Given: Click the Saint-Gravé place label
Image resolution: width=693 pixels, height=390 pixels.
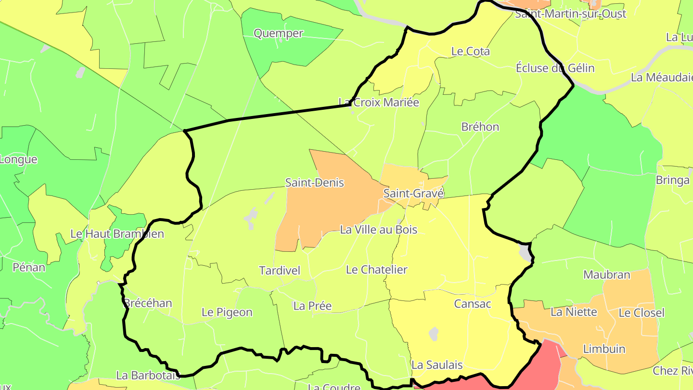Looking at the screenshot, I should pos(413,194).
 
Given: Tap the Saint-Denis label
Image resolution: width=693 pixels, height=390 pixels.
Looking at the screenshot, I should pos(315,183).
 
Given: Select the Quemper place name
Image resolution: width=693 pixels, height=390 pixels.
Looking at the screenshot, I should pos(278,33).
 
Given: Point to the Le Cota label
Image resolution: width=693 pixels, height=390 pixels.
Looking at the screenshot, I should pos(470,51).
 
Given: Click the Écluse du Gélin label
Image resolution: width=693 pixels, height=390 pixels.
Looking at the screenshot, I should pos(555,68).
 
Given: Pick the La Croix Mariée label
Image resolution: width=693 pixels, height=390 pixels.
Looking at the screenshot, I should pos(379,103).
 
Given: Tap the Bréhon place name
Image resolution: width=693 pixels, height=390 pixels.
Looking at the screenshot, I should pos(480,127).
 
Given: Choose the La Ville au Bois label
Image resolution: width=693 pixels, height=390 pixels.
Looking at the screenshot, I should pos(378,230).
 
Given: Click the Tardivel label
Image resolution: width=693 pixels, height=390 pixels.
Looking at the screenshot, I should pos(280,271).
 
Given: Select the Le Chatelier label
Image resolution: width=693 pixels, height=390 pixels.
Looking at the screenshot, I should pos(376,270).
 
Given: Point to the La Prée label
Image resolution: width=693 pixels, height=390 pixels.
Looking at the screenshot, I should pos(312,306).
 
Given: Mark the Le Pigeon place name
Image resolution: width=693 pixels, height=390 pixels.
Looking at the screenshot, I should pos(227,312).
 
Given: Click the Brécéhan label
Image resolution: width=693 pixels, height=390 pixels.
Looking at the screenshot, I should pos(148,303).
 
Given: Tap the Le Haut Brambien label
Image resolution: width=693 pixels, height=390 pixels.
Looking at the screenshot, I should pos(117,234).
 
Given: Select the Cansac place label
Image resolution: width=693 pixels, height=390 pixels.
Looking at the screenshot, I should pos(472,304).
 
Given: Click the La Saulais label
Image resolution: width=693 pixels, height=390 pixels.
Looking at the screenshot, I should pos(436,365).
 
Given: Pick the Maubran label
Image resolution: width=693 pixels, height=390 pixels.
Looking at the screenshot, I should pos(606,275).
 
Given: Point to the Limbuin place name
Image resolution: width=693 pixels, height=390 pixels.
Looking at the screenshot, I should pos(604,349).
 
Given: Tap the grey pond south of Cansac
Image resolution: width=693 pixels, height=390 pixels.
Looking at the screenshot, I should pos(434,334).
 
